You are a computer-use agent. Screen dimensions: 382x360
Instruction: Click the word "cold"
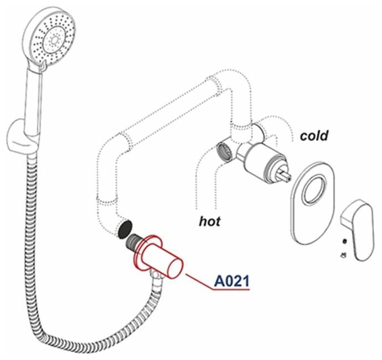(x=314, y=135)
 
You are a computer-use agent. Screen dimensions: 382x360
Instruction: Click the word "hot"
(x=210, y=221)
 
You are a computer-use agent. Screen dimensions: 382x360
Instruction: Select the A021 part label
(x=231, y=282)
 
